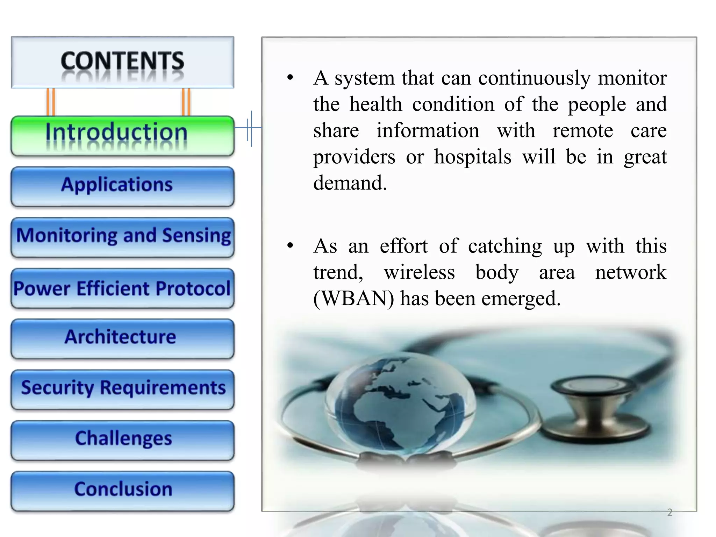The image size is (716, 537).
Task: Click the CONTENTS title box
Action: (122, 62)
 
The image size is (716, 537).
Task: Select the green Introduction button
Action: (122, 136)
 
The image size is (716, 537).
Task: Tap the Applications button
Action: (122, 186)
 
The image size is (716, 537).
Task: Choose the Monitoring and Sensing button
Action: (122, 237)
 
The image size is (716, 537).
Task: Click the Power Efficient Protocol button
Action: (122, 288)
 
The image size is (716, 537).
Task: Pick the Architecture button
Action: (122, 338)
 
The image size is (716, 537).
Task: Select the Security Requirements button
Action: (122, 389)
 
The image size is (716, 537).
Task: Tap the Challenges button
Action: (122, 440)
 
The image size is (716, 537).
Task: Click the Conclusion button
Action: (122, 491)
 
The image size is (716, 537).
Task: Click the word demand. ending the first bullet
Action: (350, 183)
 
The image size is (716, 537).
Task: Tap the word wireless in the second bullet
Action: (420, 272)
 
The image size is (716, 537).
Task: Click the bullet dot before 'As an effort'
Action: (290, 246)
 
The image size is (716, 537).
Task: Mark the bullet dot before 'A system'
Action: (290, 78)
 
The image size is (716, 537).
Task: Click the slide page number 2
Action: (670, 513)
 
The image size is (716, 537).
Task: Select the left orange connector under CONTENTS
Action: (51, 102)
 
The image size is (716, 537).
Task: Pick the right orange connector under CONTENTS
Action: (186, 102)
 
